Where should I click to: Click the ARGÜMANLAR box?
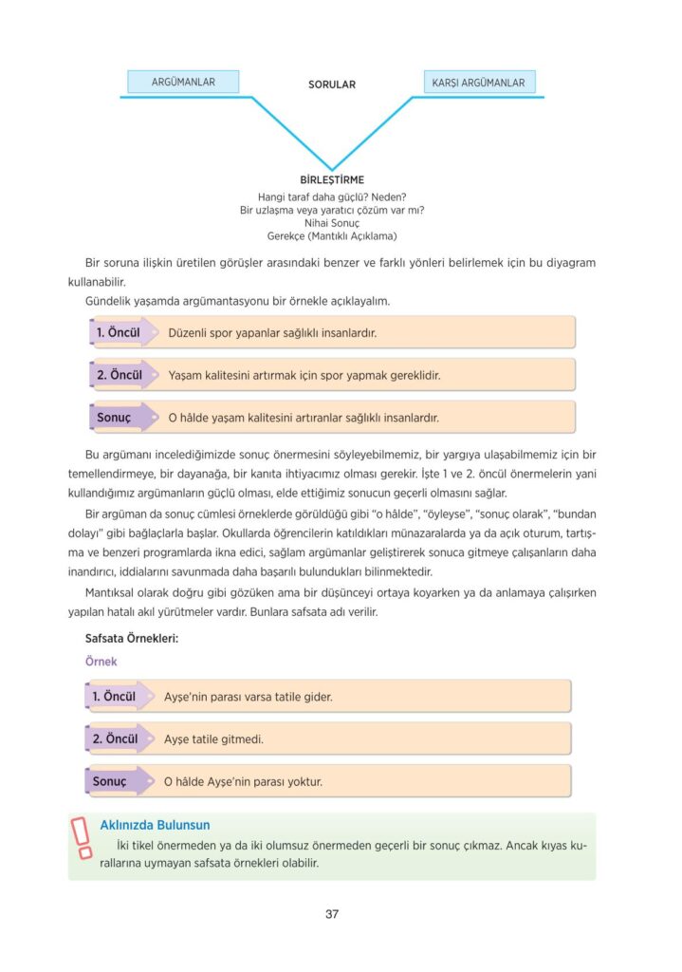[183, 83]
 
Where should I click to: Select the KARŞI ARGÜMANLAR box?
[478, 83]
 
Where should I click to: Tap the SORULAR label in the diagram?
[331, 84]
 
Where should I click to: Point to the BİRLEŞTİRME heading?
[331, 179]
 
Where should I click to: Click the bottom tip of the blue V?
[331, 169]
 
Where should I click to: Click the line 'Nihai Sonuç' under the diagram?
[331, 222]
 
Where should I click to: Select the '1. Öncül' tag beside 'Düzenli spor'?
[119, 333]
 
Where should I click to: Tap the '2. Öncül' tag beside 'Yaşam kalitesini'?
[119, 375]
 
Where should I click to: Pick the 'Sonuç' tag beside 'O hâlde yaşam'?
[115, 417]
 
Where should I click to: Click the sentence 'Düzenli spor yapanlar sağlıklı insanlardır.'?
[272, 334]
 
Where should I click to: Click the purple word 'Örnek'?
[101, 662]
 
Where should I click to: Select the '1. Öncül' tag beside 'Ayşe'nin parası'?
[115, 697]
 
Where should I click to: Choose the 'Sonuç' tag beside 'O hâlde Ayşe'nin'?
[110, 782]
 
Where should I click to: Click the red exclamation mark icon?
[83, 839]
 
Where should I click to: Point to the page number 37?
[332, 914]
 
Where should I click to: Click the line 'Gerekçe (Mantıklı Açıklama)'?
[331, 235]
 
